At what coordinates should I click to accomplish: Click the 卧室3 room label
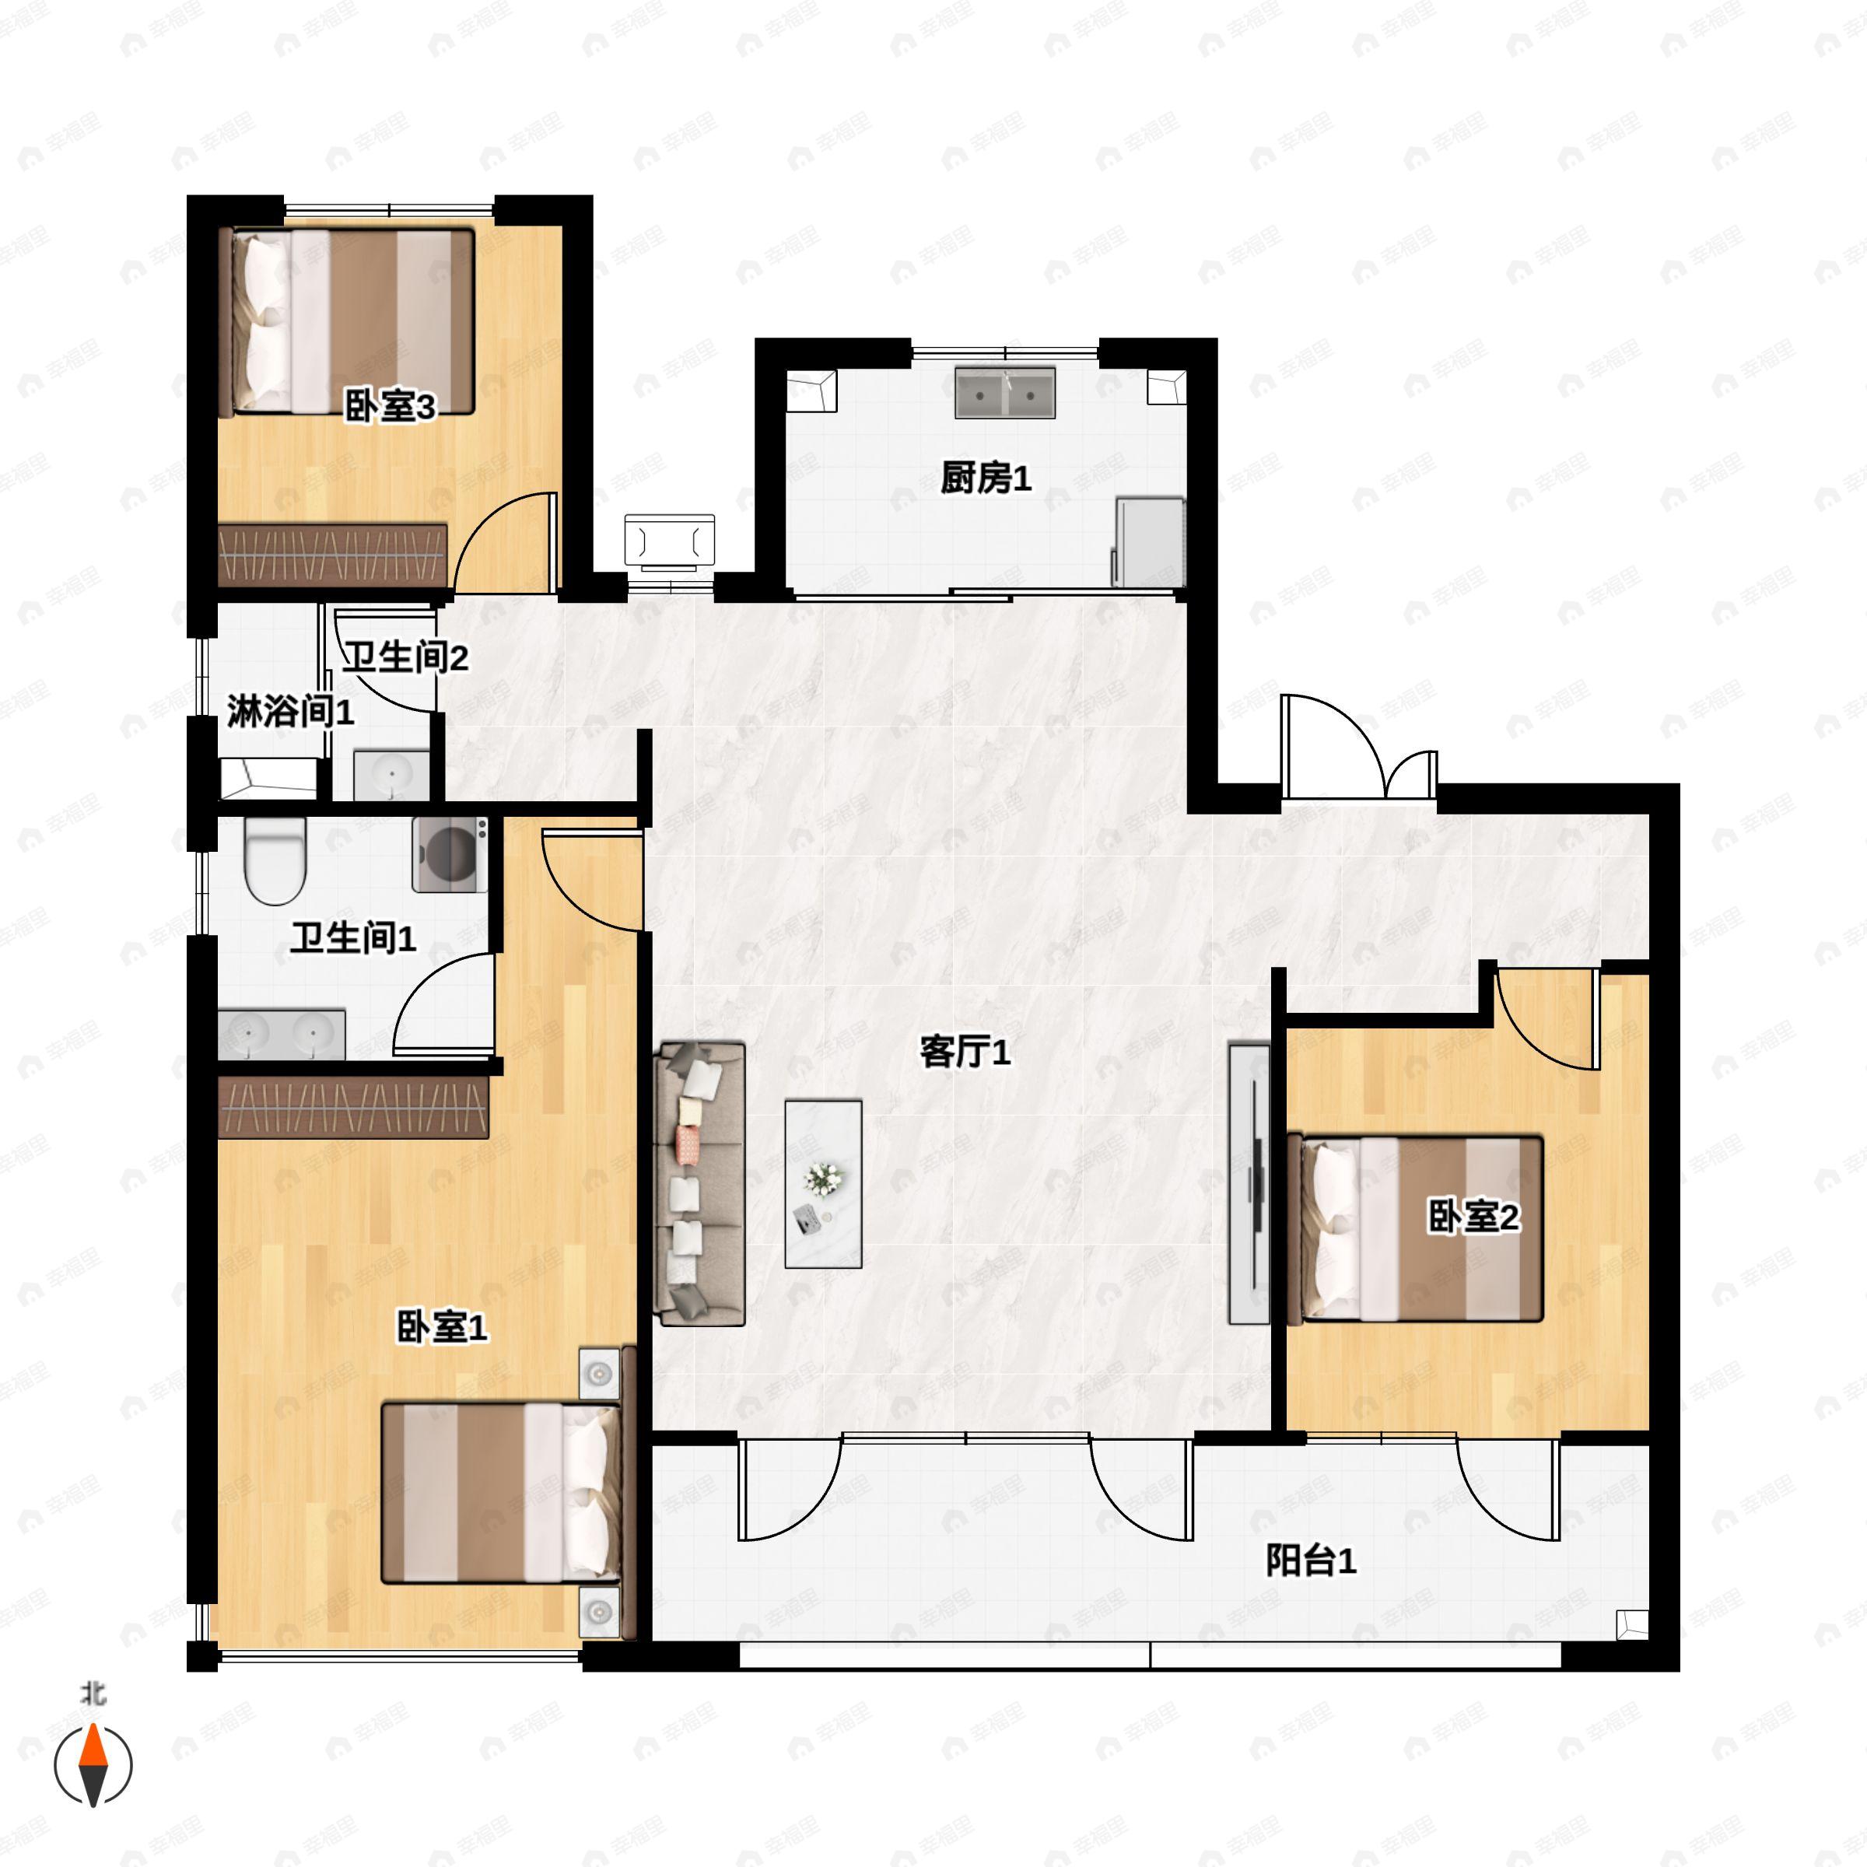click(x=391, y=407)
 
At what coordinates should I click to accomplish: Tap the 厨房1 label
click(x=986, y=478)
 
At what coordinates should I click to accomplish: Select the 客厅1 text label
click(x=965, y=1052)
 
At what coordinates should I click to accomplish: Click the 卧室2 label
click(x=1473, y=1217)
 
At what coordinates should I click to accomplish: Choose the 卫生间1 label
click(x=354, y=937)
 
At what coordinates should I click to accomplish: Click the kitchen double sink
click(x=1004, y=392)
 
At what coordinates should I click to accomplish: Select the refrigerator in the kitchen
click(x=1150, y=541)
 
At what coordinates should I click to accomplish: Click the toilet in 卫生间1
click(x=275, y=858)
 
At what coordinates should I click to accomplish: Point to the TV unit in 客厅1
click(x=1249, y=1182)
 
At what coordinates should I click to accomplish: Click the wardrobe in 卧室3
click(x=334, y=555)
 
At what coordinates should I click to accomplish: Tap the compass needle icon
click(x=93, y=1764)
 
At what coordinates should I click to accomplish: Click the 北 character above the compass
click(x=93, y=1694)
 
